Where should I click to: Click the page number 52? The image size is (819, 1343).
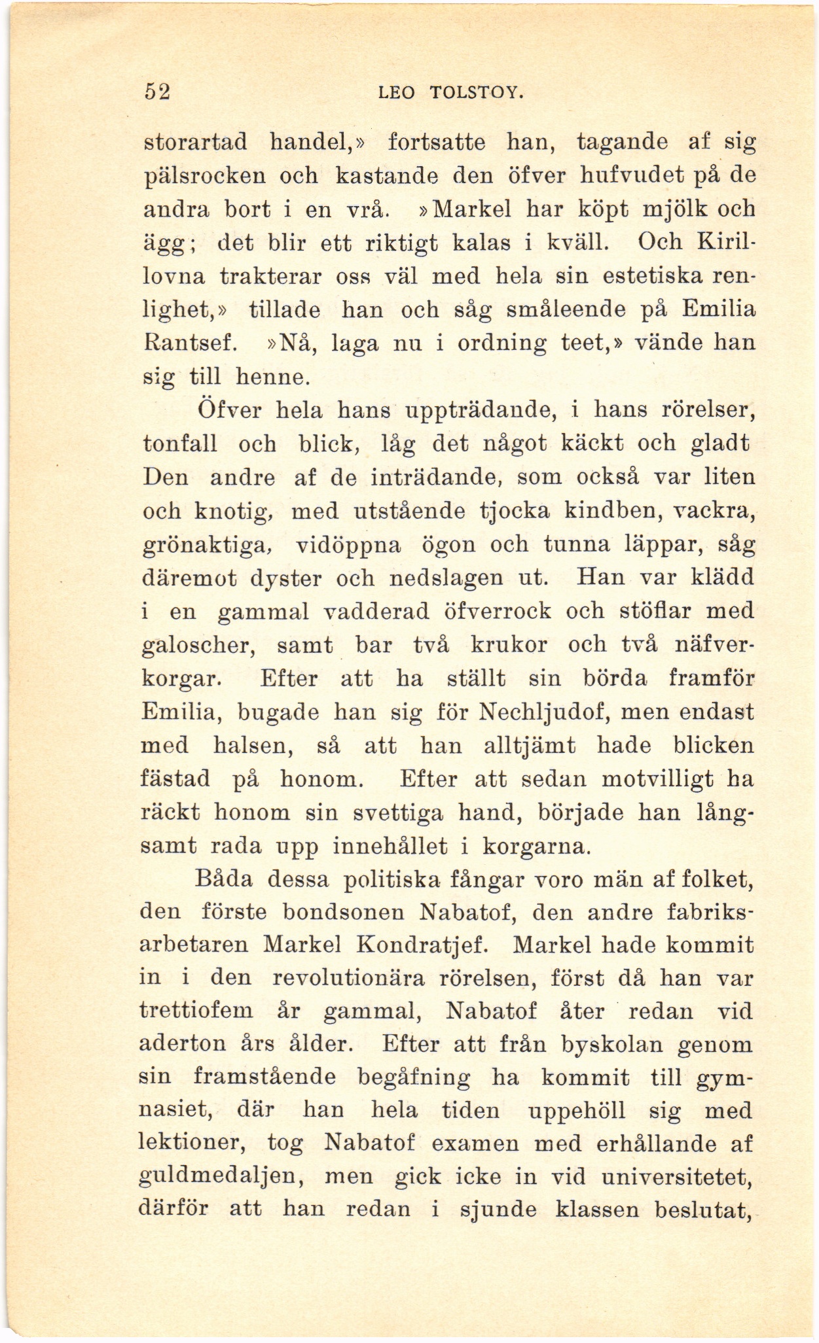pyautogui.click(x=156, y=92)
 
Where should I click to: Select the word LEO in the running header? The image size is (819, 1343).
pyautogui.click(x=397, y=94)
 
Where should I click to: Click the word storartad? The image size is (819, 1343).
pyautogui.click(x=194, y=141)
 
